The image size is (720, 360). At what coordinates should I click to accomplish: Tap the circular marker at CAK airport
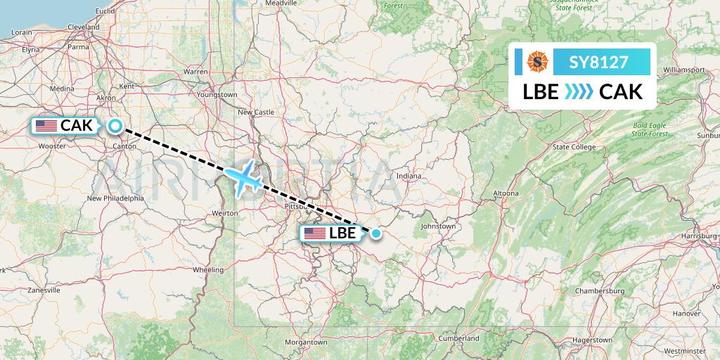[x=115, y=127]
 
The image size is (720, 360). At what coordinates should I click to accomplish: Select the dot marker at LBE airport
[x=376, y=233]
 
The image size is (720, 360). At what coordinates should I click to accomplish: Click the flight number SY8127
[x=599, y=62]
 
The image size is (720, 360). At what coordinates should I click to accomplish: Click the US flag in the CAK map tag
[x=46, y=126]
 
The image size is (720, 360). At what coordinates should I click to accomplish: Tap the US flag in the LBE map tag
[x=314, y=233]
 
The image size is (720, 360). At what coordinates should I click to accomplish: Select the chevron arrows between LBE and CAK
[x=579, y=92]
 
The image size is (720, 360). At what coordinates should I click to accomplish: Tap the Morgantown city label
[x=306, y=342]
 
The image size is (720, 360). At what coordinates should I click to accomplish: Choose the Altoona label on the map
[x=506, y=193]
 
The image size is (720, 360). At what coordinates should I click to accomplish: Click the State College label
[x=574, y=147]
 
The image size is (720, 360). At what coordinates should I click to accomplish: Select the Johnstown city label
[x=438, y=226]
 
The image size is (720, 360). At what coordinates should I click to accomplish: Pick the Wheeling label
[x=209, y=269]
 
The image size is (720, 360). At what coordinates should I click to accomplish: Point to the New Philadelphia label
[x=115, y=198]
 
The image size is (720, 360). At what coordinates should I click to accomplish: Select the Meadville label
[x=282, y=4]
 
